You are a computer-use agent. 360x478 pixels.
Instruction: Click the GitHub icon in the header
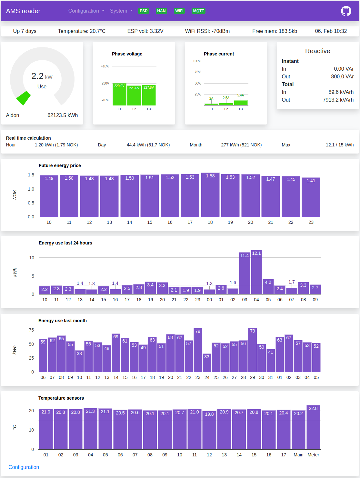coord(346,11)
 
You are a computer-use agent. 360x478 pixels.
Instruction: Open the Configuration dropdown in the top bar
coord(86,11)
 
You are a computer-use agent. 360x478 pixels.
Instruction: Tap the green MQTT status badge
coord(198,11)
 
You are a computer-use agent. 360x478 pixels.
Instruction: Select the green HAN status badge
coord(161,11)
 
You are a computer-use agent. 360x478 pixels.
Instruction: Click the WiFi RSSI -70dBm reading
coord(207,31)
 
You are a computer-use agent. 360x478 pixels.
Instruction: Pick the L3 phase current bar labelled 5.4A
coord(241,103)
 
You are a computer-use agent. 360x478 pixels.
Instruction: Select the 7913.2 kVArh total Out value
coord(338,100)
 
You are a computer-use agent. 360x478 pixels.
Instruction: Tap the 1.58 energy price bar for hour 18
coord(210,195)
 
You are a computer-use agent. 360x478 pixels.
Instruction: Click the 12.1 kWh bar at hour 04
coord(256,273)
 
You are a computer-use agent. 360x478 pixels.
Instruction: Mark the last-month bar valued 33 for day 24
coord(207,363)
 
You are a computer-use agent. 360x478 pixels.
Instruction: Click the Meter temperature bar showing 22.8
coord(313,427)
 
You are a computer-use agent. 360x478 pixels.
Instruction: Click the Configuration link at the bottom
coord(24,467)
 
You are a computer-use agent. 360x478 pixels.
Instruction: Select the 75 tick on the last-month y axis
coord(31,330)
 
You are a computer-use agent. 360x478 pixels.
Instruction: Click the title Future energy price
coord(60,165)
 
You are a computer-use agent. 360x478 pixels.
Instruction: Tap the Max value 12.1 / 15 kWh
coord(339,145)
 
